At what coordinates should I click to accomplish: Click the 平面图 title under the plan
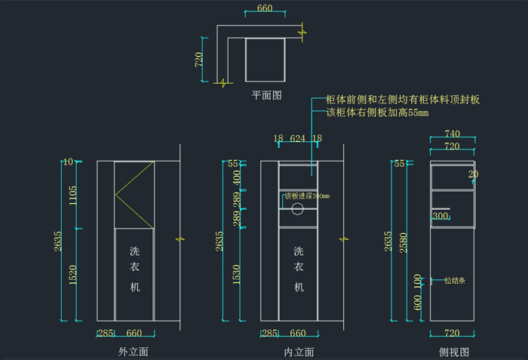(266, 95)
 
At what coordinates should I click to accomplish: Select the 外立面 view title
(133, 352)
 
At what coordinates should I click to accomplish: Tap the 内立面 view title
(299, 352)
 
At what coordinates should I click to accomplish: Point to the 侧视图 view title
(454, 352)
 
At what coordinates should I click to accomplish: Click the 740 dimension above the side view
(453, 134)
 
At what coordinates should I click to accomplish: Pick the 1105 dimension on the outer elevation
(73, 196)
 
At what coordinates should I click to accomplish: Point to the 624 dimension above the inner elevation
(298, 138)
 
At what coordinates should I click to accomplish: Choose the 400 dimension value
(238, 179)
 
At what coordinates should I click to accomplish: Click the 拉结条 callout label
(454, 280)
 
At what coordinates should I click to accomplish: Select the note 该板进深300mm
(307, 196)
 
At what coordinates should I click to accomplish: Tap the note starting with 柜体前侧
(403, 100)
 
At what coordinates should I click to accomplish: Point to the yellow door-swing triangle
(133, 194)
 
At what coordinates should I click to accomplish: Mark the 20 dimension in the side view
(473, 174)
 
